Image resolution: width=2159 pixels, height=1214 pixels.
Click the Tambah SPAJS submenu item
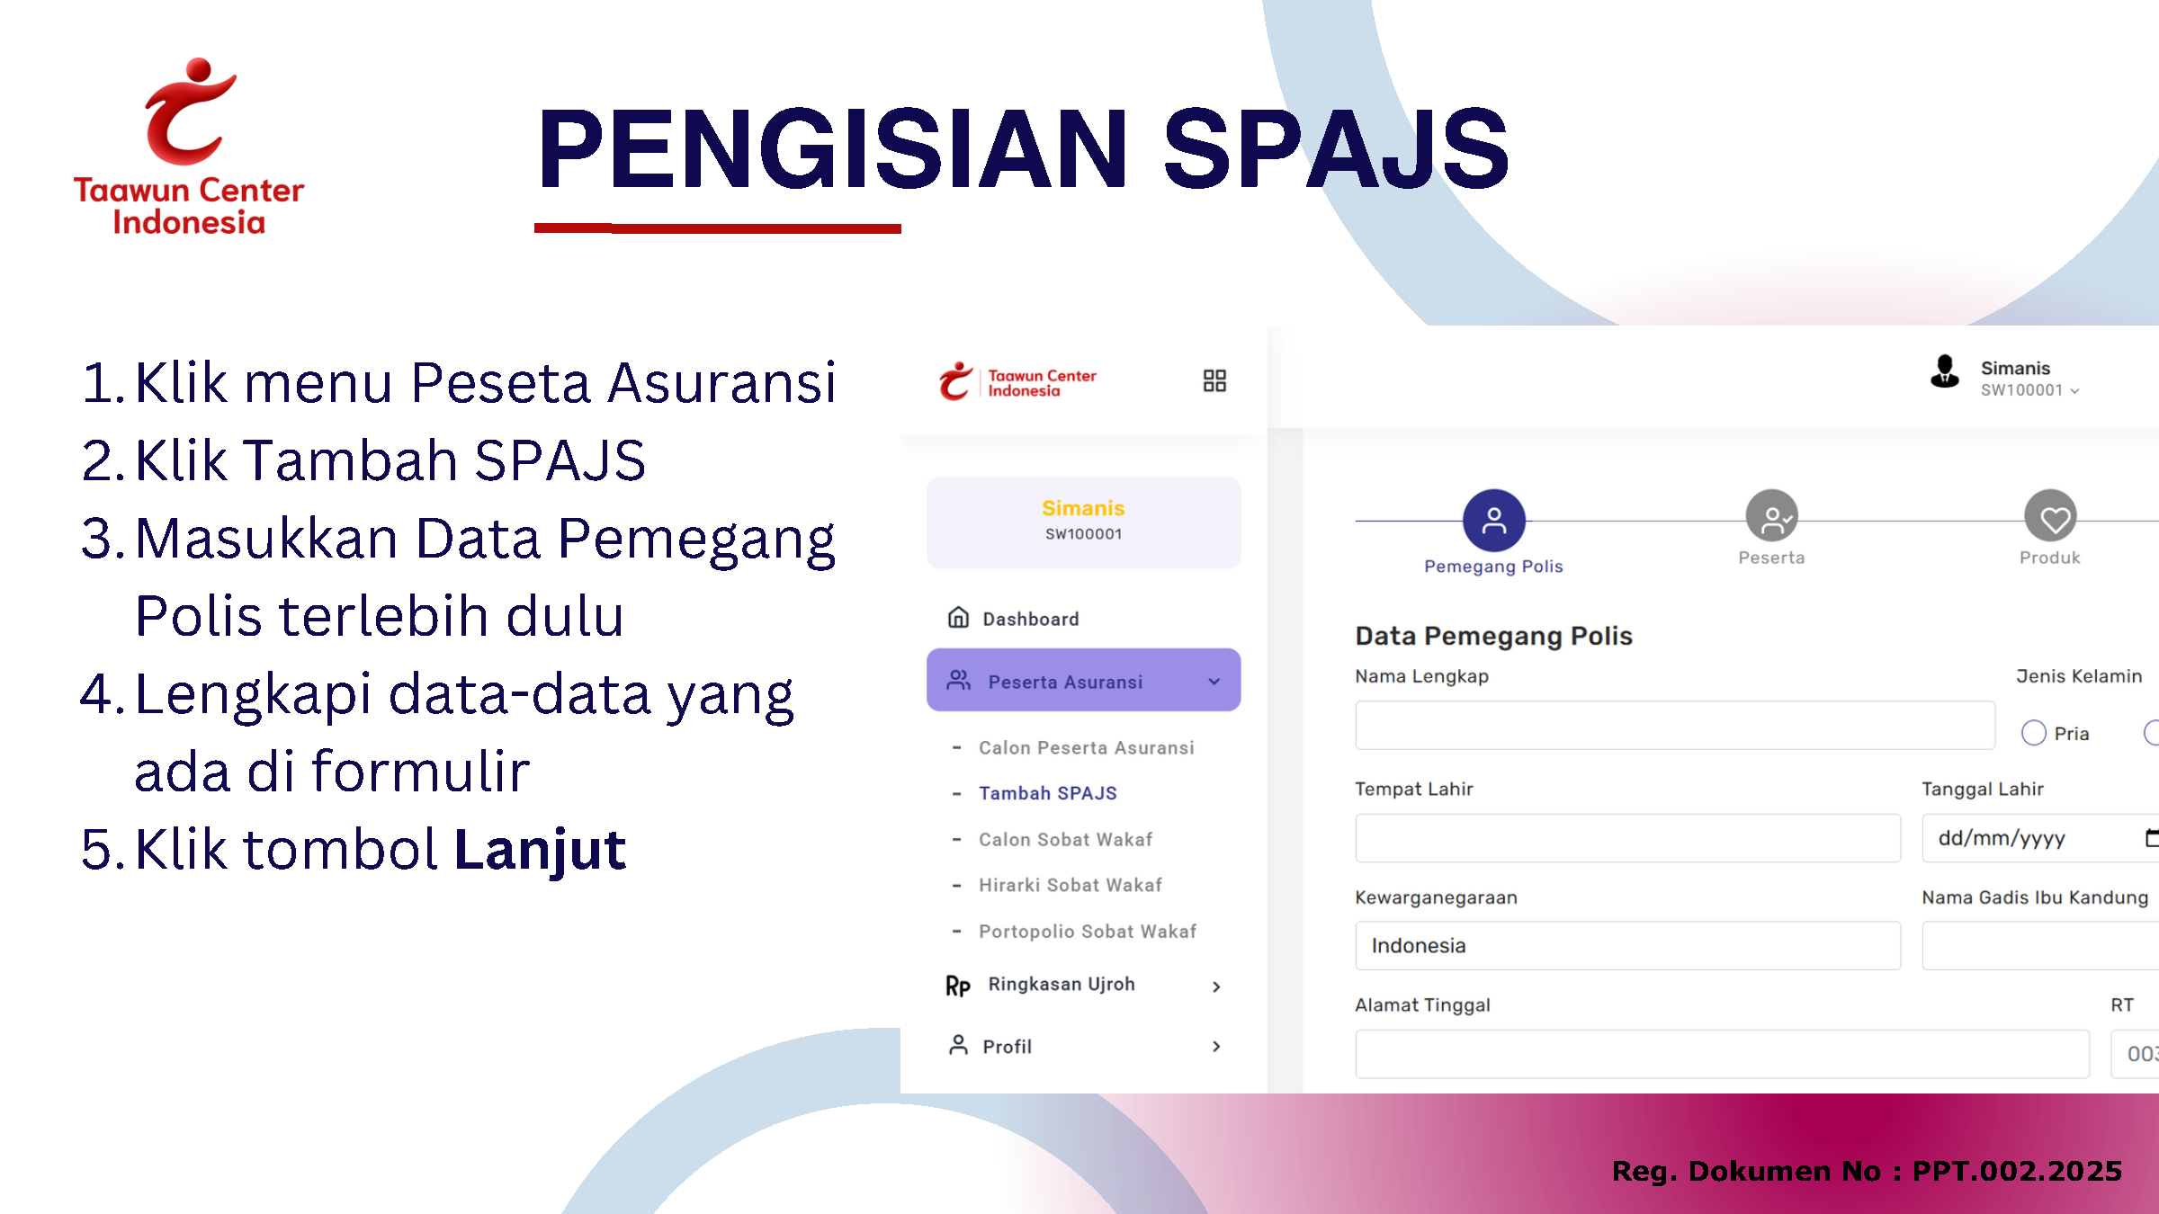click(1047, 793)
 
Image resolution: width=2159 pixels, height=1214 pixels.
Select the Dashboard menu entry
click(1013, 619)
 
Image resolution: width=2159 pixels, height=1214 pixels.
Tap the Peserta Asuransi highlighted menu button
click(1083, 680)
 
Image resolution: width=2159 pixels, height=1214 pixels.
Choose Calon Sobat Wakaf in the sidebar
click(1065, 839)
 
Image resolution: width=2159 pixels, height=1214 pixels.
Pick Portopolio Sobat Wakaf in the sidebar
click(1088, 932)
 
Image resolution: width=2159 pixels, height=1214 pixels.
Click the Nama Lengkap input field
click(1675, 726)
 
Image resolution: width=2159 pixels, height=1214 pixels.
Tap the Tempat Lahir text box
click(1627, 838)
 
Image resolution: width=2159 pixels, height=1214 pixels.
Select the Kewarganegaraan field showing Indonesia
click(1627, 945)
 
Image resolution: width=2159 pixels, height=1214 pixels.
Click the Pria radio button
click(2033, 733)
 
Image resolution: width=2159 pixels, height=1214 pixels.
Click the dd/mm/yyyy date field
click(2040, 838)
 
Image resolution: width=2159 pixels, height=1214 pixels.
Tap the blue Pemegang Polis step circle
click(1493, 521)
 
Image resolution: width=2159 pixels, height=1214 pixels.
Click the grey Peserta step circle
click(1771, 516)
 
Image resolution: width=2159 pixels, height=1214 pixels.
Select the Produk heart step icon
click(2050, 516)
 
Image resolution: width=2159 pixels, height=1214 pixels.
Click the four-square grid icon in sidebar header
click(1214, 380)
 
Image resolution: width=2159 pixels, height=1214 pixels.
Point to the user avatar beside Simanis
click(1944, 370)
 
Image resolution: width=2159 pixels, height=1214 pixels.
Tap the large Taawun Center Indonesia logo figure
click(190, 112)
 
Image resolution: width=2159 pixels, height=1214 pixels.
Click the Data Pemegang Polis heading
click(1493, 636)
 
